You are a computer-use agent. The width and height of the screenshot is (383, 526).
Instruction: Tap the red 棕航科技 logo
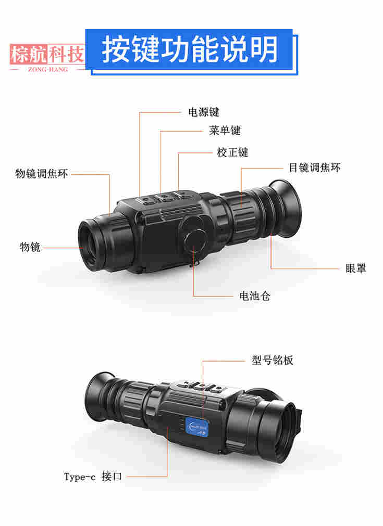[x=47, y=54]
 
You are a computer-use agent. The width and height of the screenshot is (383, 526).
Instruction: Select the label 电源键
[x=204, y=112]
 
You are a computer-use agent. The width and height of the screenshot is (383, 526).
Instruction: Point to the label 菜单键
[x=225, y=131]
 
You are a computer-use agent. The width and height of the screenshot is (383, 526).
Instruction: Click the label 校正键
[x=232, y=152]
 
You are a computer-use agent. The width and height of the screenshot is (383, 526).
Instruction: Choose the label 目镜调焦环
[x=315, y=168]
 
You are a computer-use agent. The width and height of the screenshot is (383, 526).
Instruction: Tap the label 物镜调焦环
[x=42, y=173]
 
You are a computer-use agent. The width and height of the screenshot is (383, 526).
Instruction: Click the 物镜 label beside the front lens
[x=30, y=247]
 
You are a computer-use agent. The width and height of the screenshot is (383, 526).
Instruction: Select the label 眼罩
[x=356, y=268]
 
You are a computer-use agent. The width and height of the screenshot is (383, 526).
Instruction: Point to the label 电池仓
[x=255, y=296]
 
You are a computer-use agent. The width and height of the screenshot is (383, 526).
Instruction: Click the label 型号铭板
[x=273, y=360]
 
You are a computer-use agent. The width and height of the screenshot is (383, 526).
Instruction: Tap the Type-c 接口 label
[x=93, y=477]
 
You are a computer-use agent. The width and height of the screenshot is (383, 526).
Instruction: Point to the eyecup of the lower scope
[x=100, y=398]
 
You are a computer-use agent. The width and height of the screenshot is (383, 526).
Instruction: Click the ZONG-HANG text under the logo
[x=48, y=69]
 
